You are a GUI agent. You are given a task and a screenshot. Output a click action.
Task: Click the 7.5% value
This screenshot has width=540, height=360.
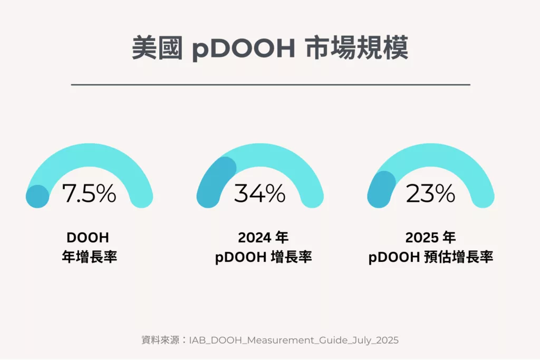[x=89, y=193]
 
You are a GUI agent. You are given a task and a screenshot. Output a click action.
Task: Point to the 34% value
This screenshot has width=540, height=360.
[x=259, y=193]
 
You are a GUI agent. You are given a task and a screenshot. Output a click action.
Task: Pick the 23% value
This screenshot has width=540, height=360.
[x=430, y=193]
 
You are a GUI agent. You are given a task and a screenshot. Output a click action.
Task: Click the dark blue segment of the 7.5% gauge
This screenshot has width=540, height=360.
[x=37, y=196]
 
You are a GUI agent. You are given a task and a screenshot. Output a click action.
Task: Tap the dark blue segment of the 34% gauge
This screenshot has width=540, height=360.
[x=214, y=179]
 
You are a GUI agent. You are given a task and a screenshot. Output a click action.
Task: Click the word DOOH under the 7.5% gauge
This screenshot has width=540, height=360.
[x=89, y=238]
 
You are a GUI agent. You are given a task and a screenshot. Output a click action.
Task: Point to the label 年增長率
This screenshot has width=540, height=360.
[x=89, y=258]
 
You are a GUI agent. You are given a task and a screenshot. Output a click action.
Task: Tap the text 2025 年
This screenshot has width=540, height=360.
[x=430, y=238]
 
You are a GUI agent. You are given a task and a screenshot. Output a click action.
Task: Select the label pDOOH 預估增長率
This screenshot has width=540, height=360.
[x=430, y=258]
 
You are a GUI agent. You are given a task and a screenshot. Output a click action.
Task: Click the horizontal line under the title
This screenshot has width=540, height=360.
[x=270, y=84]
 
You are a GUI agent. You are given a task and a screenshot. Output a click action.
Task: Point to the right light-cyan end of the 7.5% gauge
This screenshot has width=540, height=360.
[x=141, y=196]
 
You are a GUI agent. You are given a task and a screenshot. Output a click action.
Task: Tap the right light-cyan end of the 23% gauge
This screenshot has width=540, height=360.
[x=483, y=196]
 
